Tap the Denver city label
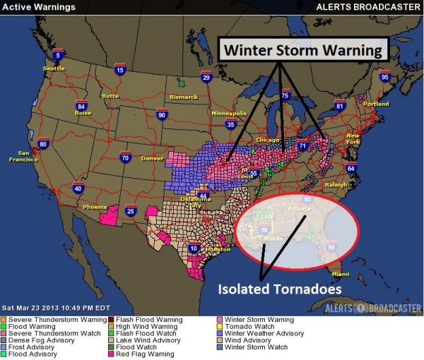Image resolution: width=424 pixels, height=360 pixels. click(152, 158)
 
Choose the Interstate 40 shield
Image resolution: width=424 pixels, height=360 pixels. click(78, 188)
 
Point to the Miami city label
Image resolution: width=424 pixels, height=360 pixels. click(341, 274)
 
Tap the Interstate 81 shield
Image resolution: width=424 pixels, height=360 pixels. click(339, 107)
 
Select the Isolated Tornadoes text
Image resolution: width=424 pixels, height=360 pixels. click(271, 289)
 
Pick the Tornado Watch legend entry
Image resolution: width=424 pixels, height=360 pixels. click(242, 327)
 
